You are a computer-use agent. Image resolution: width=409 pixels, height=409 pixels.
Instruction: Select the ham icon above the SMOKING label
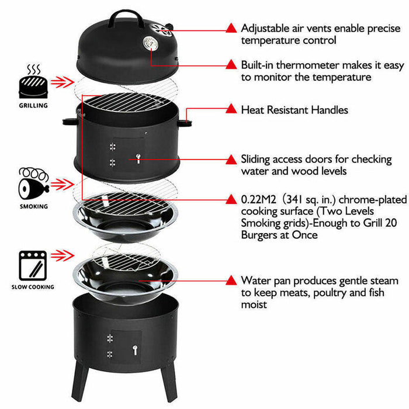click(33, 183)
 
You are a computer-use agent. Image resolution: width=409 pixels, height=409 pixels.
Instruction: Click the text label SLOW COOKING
click(33, 287)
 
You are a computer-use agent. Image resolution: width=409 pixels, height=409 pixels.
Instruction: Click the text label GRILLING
click(33, 106)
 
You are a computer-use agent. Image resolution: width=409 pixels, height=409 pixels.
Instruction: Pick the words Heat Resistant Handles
click(294, 110)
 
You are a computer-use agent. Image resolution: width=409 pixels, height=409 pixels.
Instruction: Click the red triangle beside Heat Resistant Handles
click(231, 109)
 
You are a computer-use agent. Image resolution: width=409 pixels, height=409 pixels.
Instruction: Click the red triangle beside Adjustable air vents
click(231, 27)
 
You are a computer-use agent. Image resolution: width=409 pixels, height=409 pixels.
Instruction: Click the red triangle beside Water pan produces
click(231, 280)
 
